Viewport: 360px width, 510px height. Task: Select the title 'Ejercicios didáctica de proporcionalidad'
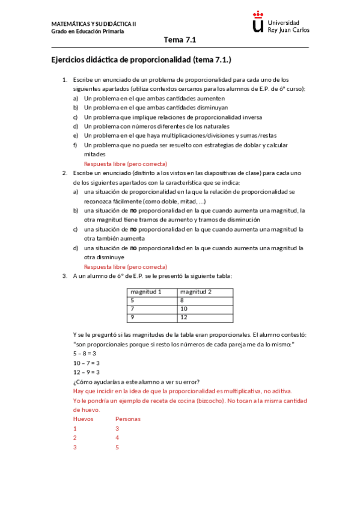coord(141,61)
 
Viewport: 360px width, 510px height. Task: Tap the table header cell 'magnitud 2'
coord(196,292)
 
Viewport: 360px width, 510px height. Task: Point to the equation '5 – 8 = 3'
coord(85,354)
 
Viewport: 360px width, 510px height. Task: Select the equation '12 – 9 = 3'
coord(87,372)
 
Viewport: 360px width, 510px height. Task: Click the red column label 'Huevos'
coord(83,419)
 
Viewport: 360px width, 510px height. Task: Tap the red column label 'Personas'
coord(127,419)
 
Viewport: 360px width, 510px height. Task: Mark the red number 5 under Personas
coord(117,447)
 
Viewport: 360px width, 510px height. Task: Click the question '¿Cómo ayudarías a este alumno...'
coord(136,382)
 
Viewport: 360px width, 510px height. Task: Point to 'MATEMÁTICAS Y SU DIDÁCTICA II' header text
coord(94,23)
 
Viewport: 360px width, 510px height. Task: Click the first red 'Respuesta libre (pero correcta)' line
coord(125,164)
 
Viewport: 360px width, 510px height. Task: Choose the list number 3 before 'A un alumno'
coord(65,276)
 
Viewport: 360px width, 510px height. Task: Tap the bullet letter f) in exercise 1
coord(75,145)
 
